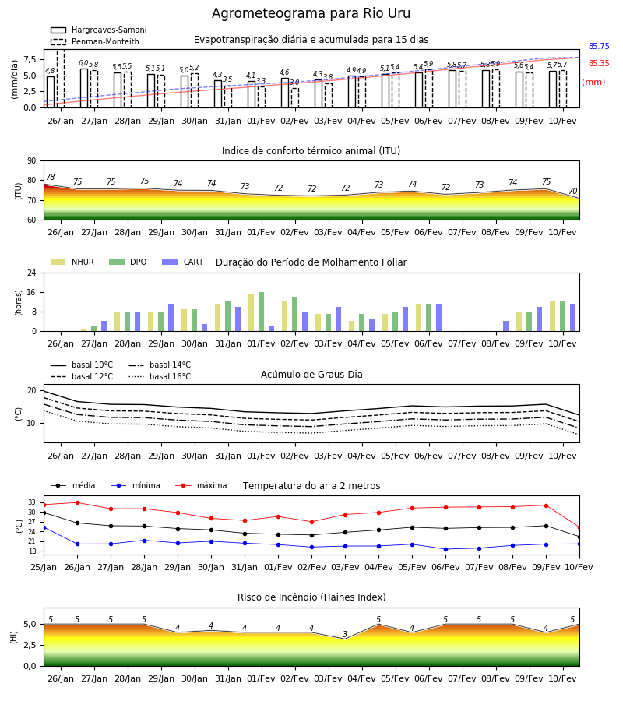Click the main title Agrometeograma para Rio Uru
point(311,13)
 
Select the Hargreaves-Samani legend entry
point(99,30)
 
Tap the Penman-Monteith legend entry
point(95,41)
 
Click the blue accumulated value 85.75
point(599,47)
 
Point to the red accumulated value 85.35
point(599,64)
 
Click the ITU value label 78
point(51,177)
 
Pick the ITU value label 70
point(572,191)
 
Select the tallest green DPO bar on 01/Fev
point(262,312)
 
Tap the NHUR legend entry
point(72,262)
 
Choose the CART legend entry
point(183,262)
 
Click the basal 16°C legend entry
point(160,376)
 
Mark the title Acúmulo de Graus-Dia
point(311,375)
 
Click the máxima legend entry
point(201,485)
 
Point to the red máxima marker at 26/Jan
point(77,502)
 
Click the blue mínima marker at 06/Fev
point(445,549)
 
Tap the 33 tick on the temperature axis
point(32,503)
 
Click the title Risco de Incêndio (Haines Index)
point(311,597)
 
